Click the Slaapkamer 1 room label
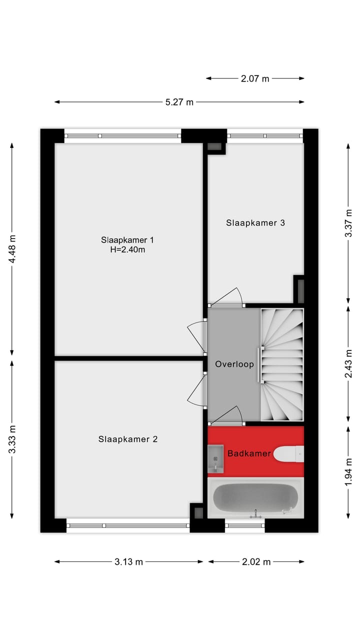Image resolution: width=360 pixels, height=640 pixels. click(127, 239)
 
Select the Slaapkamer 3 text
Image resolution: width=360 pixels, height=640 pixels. click(255, 223)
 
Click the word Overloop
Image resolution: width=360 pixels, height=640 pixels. click(234, 364)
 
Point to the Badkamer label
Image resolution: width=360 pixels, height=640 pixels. click(249, 454)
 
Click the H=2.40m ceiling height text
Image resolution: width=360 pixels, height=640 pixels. click(127, 250)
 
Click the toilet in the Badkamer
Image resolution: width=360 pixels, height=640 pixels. click(289, 454)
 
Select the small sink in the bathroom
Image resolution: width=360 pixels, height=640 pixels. click(215, 459)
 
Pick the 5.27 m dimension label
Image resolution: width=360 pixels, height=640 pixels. click(179, 102)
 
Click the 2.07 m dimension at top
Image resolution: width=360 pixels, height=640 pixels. click(255, 78)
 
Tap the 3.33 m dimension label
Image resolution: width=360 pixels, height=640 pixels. click(12, 439)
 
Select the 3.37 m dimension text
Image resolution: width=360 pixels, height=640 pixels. click(348, 223)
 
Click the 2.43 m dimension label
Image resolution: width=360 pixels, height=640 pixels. click(348, 364)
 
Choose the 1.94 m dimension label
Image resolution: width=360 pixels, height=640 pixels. click(348, 471)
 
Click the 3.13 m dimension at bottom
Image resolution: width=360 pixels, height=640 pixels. click(128, 562)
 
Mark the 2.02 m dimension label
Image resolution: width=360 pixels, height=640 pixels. click(256, 562)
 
